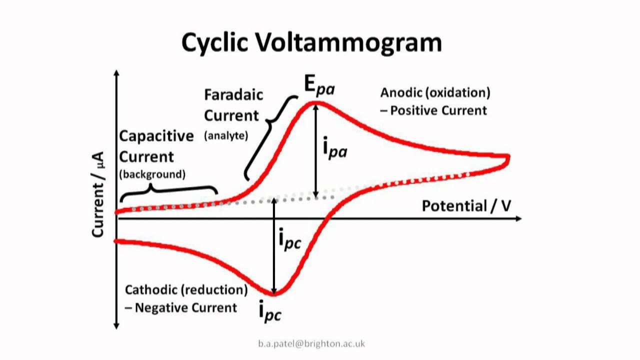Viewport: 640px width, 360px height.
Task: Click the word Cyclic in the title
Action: pos(215,42)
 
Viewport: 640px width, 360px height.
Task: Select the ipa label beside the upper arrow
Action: pos(334,148)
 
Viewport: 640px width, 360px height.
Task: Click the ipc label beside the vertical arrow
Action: pos(289,239)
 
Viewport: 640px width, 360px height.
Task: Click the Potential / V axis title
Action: pos(466,205)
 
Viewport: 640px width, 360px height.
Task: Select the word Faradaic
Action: pos(233,95)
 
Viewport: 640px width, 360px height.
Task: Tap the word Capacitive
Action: pos(149,136)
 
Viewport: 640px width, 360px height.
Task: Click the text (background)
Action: pos(152,174)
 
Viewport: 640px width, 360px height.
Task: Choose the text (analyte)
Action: pos(225,135)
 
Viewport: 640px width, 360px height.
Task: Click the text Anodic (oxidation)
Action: pos(435,92)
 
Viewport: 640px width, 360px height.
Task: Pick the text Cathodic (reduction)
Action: pos(186,290)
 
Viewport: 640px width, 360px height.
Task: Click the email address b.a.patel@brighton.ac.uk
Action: pos(311,343)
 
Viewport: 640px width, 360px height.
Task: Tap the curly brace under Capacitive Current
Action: pos(168,190)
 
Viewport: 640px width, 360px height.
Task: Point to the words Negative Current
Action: pos(186,307)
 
